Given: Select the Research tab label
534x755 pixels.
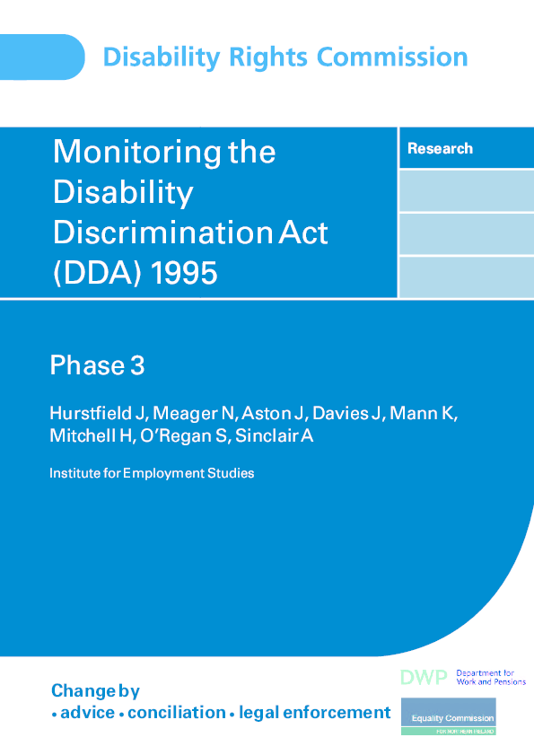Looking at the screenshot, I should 440,149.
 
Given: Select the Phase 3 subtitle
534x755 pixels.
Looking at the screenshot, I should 97,365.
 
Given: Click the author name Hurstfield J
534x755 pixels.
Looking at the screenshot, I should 97,413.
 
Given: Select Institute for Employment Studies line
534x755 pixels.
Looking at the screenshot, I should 152,473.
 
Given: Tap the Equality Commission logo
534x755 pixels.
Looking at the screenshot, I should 447,719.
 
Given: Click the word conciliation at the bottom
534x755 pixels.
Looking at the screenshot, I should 177,713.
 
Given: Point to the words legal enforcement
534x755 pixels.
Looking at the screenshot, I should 314,713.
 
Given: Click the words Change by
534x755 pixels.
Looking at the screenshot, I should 95,690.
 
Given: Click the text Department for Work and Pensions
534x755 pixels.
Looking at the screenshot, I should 490,678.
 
